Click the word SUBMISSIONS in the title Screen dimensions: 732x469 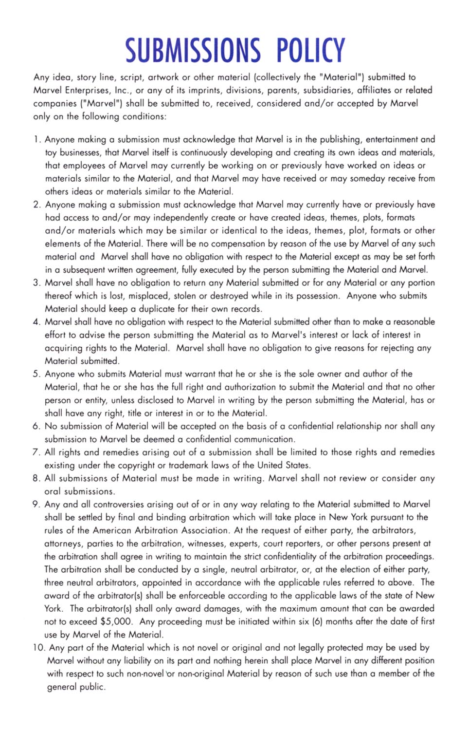coord(193,50)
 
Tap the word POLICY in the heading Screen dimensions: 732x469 coord(311,50)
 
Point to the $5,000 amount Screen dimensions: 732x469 coord(116,621)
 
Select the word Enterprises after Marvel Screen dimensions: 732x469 coord(88,90)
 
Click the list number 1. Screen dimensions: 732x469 coord(37,140)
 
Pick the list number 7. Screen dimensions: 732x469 coord(36,452)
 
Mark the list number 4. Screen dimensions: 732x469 coord(36,322)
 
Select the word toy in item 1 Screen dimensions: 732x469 coord(51,152)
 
